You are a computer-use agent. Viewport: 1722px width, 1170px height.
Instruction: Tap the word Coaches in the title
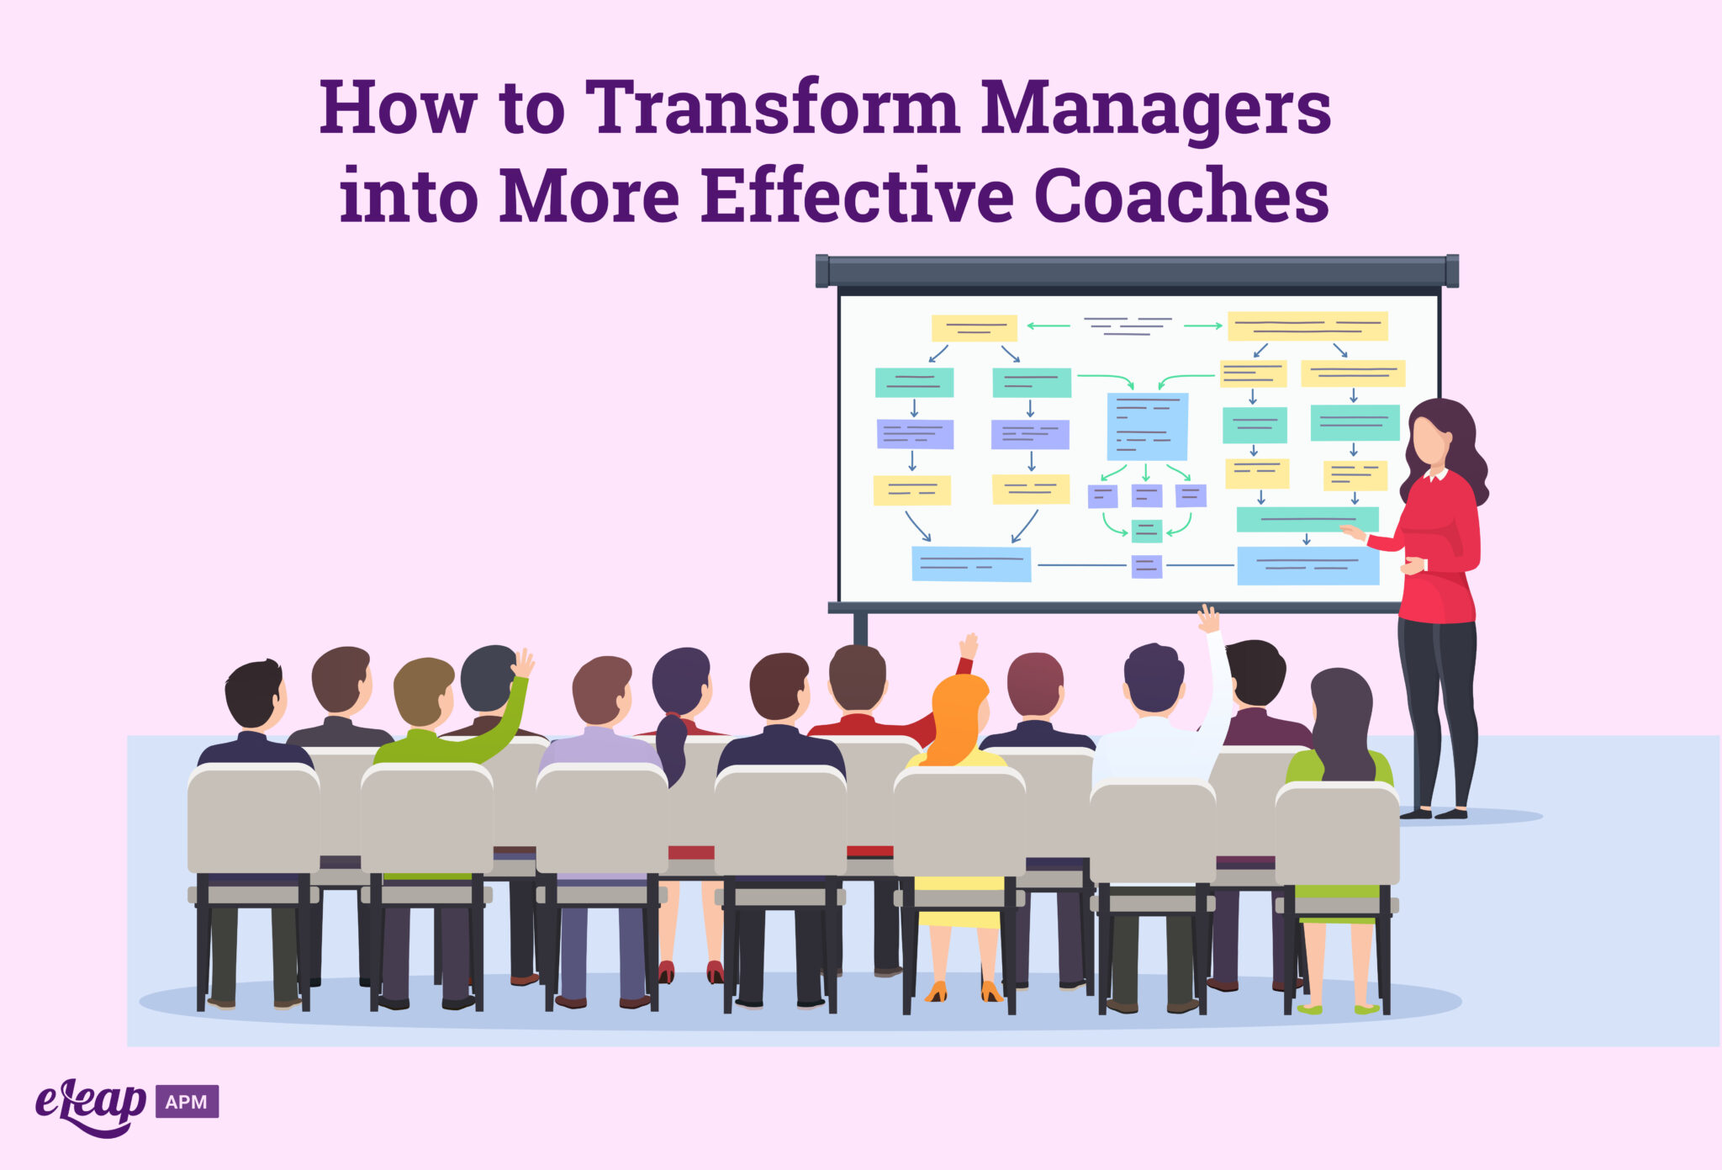point(1181,195)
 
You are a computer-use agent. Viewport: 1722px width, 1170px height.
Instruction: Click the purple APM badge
point(187,1101)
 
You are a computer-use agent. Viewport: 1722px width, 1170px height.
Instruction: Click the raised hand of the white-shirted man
point(1208,619)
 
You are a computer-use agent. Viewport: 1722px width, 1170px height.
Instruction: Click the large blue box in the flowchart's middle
point(1147,426)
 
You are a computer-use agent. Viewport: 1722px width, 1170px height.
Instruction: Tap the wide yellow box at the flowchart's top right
point(1307,326)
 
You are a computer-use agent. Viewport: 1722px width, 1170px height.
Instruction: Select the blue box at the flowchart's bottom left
point(971,564)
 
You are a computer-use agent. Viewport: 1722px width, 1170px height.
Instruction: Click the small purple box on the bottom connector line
point(1146,566)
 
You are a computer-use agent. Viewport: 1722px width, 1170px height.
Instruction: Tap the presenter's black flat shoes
point(1434,813)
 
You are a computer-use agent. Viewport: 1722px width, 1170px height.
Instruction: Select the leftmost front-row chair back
point(253,820)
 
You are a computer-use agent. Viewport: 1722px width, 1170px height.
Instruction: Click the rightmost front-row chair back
point(1337,833)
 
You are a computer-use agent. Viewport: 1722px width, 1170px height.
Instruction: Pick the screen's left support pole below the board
point(860,628)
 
